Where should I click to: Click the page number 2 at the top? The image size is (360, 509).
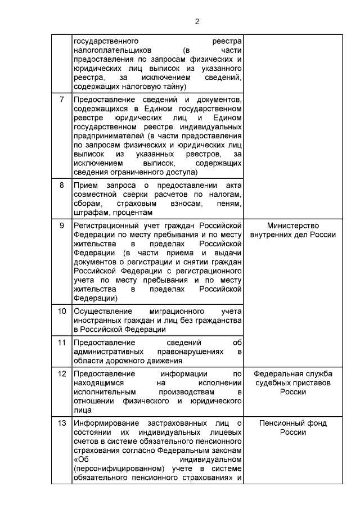pyautogui.click(x=197, y=22)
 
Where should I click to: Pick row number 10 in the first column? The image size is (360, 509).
pyautogui.click(x=62, y=310)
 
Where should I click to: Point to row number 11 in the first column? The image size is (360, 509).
pyautogui.click(x=62, y=342)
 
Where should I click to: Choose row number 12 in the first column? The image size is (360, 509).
pyautogui.click(x=62, y=373)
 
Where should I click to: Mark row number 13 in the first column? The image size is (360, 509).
pyautogui.click(x=62, y=423)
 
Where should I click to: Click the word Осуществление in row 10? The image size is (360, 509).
pyautogui.click(x=102, y=310)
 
